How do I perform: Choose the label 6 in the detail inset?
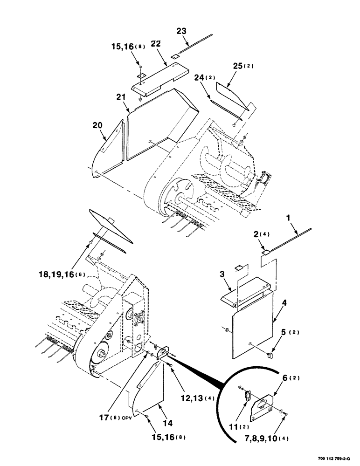pyautogui.click(x=285, y=378)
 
